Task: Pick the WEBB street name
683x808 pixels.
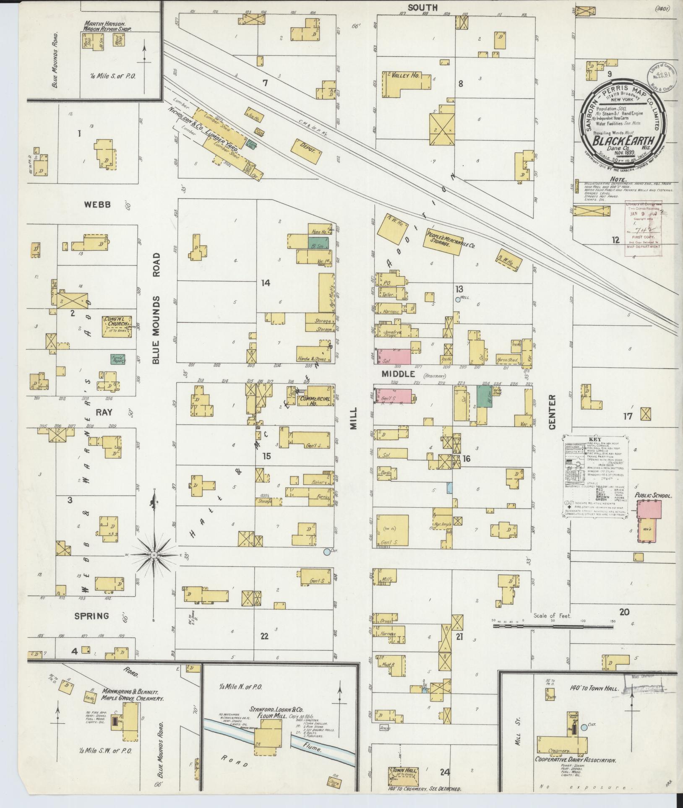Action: click(97, 205)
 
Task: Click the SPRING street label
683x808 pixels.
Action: click(92, 616)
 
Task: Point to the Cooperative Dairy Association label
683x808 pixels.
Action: click(575, 760)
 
